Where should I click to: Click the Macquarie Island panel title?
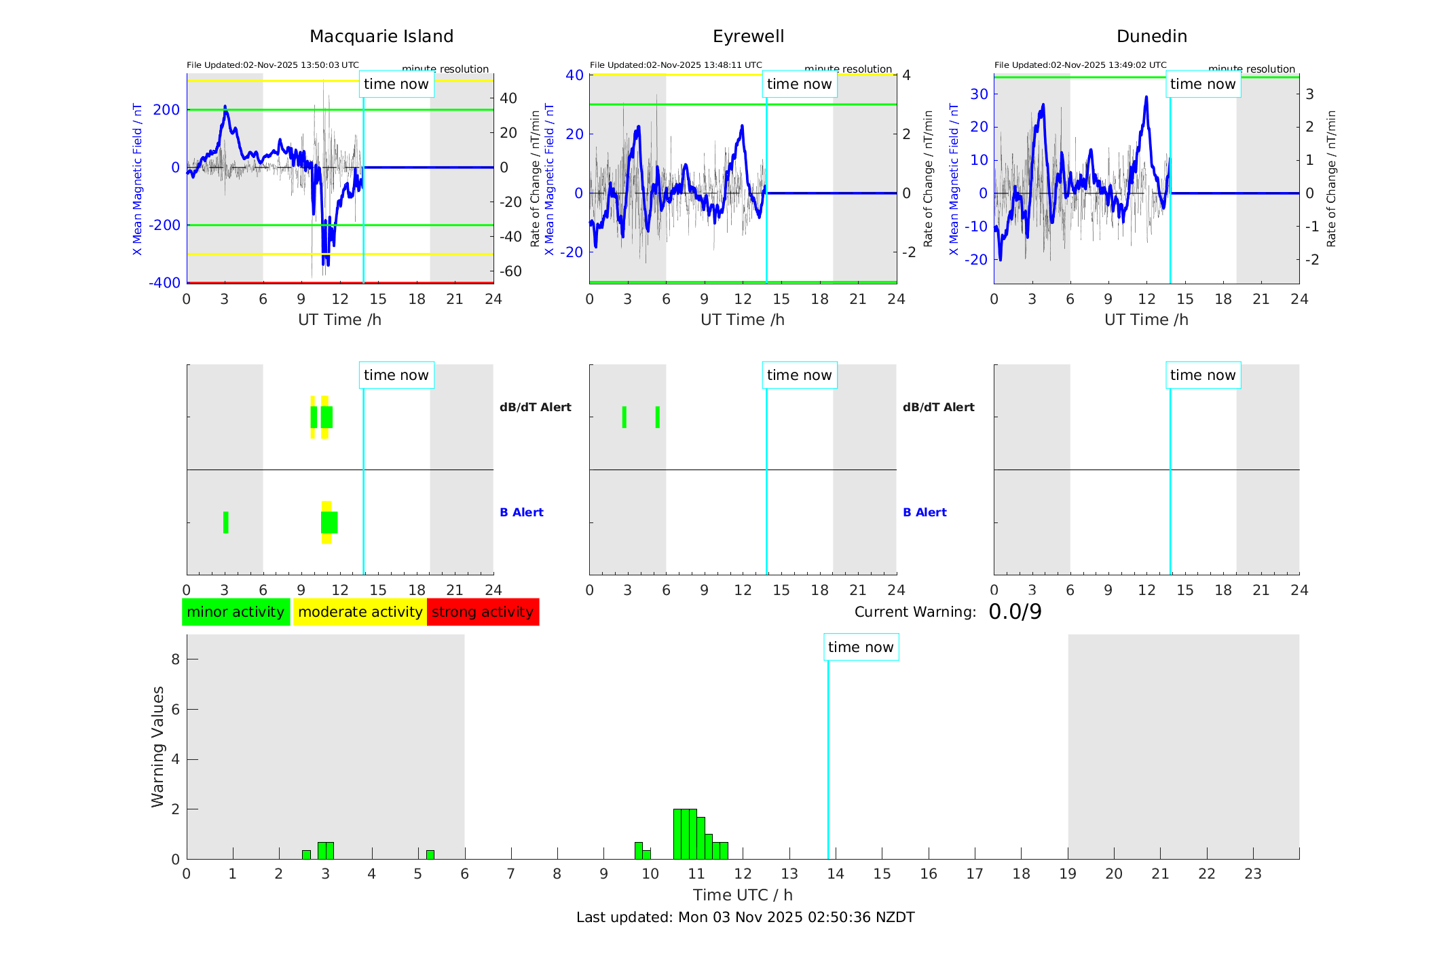(381, 37)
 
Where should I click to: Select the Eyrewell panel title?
(748, 37)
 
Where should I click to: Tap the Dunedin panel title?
(1151, 37)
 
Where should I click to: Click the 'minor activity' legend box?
(236, 612)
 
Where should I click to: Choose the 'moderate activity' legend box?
(360, 612)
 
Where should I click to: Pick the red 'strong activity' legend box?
(483, 612)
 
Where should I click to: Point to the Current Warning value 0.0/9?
(1015, 612)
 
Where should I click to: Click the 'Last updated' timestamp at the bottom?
(745, 917)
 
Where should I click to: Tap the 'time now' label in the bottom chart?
(861, 647)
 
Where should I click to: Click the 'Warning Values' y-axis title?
(157, 746)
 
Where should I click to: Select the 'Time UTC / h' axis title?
(743, 895)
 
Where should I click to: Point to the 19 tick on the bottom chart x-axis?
(1068, 874)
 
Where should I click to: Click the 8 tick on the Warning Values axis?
(175, 659)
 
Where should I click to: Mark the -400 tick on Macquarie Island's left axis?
(165, 283)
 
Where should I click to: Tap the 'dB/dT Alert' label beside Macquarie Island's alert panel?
(535, 407)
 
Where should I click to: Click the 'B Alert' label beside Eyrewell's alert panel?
(925, 512)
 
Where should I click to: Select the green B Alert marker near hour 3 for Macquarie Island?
(225, 522)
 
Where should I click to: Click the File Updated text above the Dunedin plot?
(1080, 65)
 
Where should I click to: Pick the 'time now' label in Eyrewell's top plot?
(799, 84)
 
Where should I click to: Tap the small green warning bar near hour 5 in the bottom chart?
(430, 854)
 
